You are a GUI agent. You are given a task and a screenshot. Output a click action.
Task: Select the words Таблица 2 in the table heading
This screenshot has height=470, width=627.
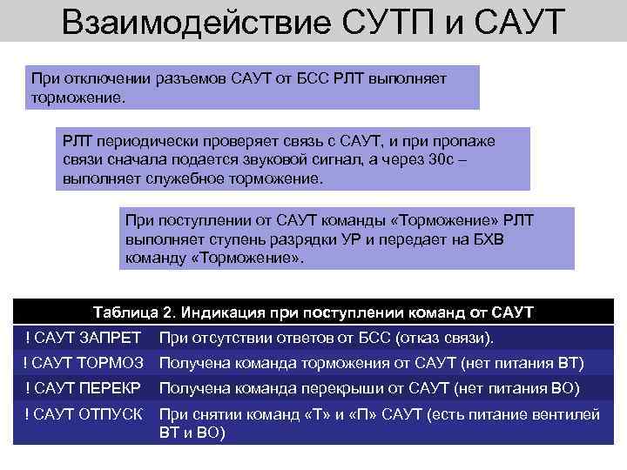point(134,312)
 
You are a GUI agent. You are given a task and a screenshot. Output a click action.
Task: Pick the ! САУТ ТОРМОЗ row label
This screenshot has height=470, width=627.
point(85,363)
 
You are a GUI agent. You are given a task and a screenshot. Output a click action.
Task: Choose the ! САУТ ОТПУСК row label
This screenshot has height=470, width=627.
point(84,414)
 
